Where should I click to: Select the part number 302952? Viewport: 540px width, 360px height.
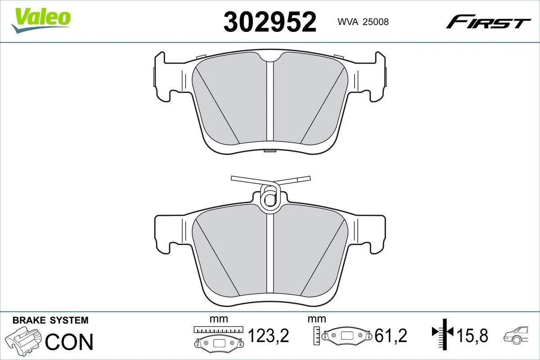click(270, 21)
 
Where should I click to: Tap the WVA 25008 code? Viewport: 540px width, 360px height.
click(363, 22)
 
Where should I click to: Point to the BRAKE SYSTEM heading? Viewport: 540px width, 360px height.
click(50, 320)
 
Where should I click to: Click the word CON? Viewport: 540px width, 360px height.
click(69, 342)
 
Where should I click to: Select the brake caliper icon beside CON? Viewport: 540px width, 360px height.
click(25, 341)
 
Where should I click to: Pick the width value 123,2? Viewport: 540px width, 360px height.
click(268, 335)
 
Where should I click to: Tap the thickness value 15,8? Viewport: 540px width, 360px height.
click(473, 335)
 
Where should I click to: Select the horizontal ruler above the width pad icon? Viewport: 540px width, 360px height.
click(218, 329)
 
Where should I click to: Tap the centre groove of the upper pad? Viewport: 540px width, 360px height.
click(270, 103)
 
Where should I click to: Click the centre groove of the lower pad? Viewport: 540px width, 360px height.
click(270, 256)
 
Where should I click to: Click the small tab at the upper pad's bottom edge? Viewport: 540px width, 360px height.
click(270, 151)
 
